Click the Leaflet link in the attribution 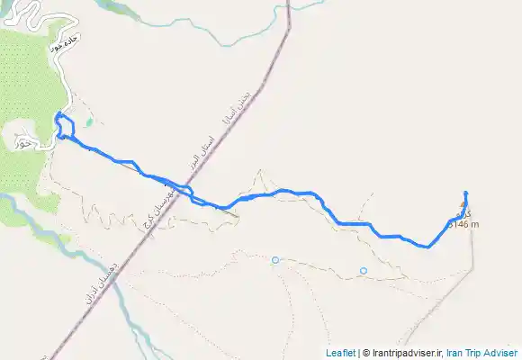click(339, 353)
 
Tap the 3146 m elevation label click(463, 224)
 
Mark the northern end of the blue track click(465, 193)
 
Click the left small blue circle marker click(275, 260)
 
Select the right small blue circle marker click(364, 271)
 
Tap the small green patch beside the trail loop click(88, 122)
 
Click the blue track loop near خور click(63, 125)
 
